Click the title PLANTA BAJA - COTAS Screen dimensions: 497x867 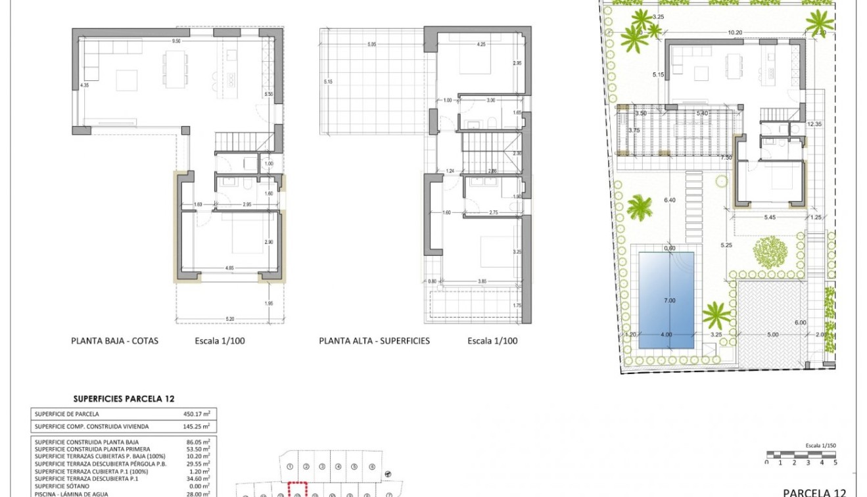tap(114, 341)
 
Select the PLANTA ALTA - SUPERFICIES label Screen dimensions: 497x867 tap(374, 341)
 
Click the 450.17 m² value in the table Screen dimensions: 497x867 tap(197, 414)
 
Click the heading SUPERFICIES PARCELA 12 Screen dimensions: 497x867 tap(124, 398)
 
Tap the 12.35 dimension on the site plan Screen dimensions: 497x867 tap(815, 124)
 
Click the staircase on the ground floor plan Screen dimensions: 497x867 tap(244, 140)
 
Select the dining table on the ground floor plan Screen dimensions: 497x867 tap(174, 69)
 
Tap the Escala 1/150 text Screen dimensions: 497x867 tap(820, 445)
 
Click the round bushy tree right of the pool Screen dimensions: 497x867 tap(770, 250)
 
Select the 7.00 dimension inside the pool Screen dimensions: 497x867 tap(669, 300)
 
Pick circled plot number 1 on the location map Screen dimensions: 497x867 tap(290, 467)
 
